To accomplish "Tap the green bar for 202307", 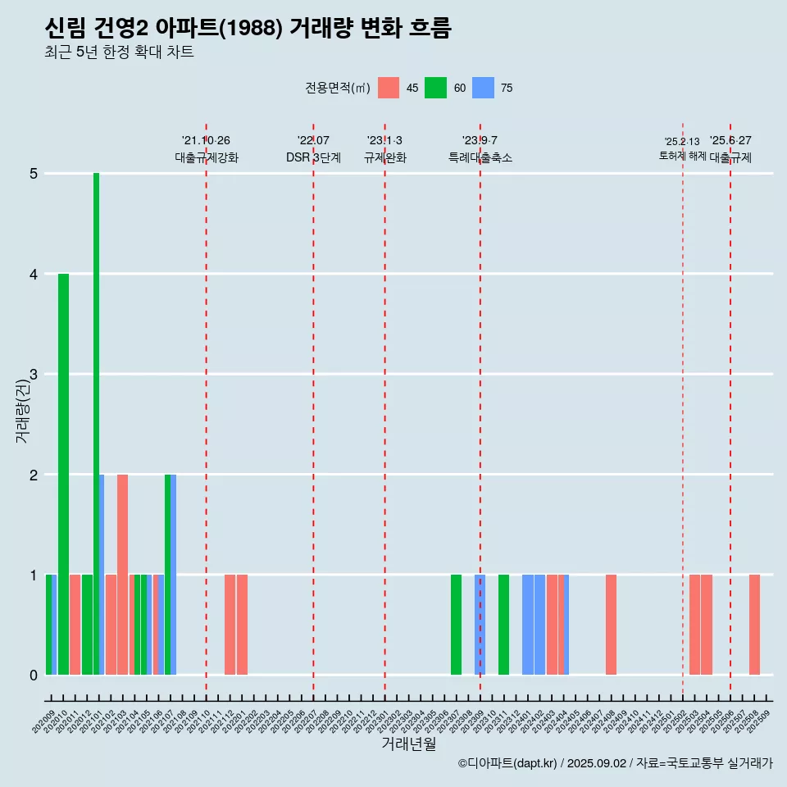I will click(x=456, y=625).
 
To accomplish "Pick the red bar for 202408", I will click(x=611, y=625).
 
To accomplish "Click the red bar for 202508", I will click(x=754, y=625).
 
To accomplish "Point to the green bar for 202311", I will click(x=503, y=625).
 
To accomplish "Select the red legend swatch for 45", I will click(x=389, y=88).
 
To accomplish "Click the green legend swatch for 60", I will click(x=435, y=88).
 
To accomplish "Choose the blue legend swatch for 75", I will click(x=483, y=88).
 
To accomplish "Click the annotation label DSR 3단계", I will click(x=313, y=157).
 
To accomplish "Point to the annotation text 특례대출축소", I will click(x=480, y=157).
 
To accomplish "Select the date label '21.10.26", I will click(x=206, y=140).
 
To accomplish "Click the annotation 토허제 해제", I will click(x=682, y=156).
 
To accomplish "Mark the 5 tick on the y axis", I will click(x=34, y=174).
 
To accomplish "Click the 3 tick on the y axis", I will click(x=34, y=375).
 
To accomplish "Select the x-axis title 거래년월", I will click(x=408, y=744).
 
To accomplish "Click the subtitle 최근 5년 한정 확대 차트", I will click(x=120, y=52).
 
